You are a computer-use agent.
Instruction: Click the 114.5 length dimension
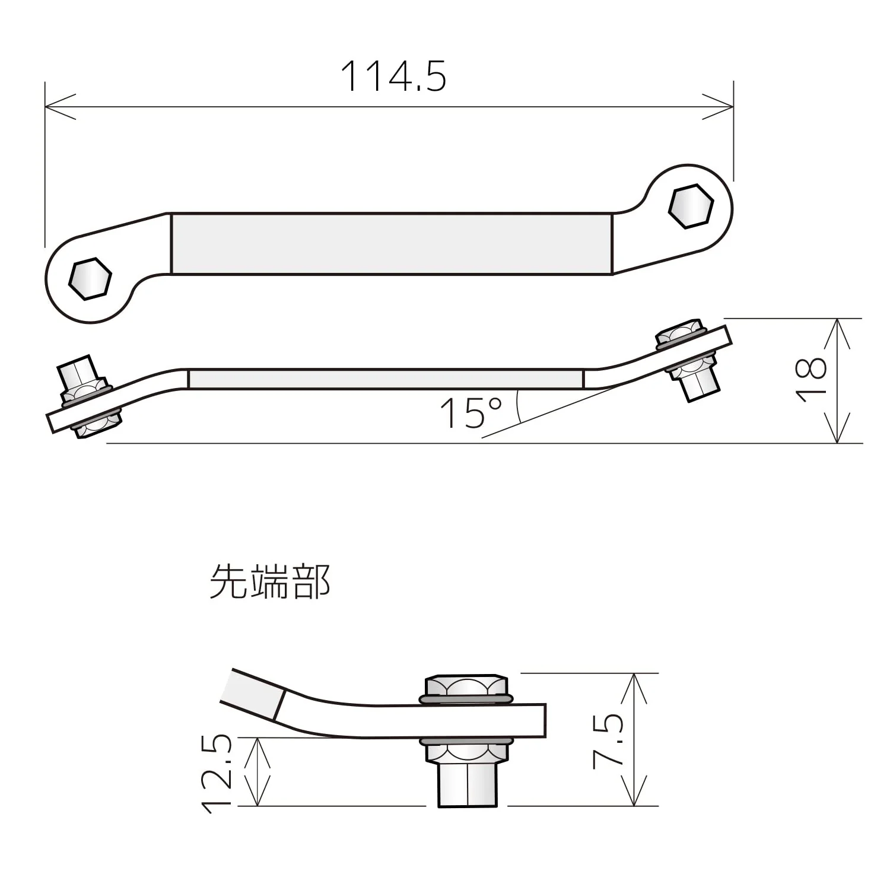coord(393,77)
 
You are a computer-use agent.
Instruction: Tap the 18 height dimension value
coord(810,380)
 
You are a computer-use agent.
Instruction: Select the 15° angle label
coord(471,413)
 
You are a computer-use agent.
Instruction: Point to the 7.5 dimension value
coord(608,741)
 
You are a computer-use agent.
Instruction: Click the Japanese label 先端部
coord(270,581)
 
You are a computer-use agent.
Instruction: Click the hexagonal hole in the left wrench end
coord(90,278)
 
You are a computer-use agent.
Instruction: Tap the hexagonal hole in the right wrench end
coord(691,206)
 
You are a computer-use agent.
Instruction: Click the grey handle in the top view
coord(392,244)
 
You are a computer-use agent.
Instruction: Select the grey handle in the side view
coord(386,379)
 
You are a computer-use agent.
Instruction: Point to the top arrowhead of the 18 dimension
coord(837,334)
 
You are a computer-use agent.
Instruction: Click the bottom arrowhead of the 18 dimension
coord(837,428)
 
